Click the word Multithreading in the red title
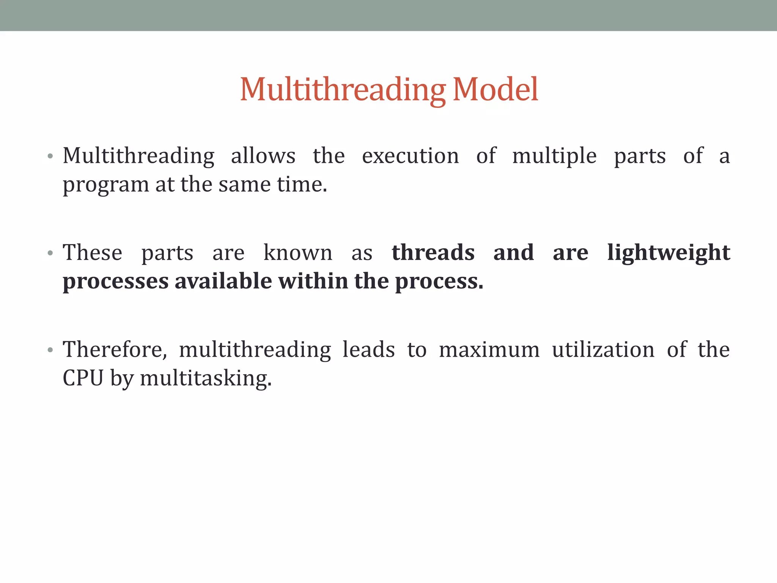tap(343, 90)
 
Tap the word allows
tap(263, 156)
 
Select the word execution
tap(410, 156)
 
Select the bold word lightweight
tap(668, 254)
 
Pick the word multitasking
tap(206, 379)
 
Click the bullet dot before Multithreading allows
tap(50, 156)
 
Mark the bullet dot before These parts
tap(50, 253)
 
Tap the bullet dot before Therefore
tap(50, 350)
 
